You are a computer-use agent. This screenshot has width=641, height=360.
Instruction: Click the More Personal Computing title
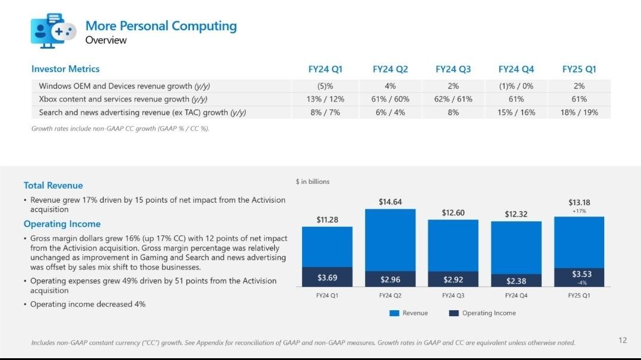pos(161,26)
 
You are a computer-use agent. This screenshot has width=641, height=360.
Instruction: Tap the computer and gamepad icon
pos(53,30)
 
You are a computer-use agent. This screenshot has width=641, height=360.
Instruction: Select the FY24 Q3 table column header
pos(453,69)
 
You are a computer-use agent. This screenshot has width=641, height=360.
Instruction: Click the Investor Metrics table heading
pos(65,69)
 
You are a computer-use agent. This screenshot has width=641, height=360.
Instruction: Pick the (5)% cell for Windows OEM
pos(325,86)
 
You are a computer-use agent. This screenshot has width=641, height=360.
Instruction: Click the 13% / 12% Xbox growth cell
pos(325,99)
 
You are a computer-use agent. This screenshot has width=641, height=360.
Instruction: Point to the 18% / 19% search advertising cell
pos(579,112)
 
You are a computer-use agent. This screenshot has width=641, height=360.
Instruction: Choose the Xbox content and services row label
pos(123,99)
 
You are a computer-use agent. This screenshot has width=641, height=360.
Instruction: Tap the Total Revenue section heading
pos(53,186)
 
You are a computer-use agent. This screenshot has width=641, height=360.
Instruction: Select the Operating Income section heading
pos(62,224)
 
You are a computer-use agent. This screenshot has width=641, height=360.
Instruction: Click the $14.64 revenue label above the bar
pos(390,202)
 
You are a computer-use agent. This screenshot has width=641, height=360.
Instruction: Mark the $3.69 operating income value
pos(328,278)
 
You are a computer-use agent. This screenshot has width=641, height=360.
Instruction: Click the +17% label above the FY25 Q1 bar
pos(579,211)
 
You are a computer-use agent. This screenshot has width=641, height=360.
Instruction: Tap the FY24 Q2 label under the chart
pos(390,295)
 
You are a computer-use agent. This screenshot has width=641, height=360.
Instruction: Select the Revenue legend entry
pos(408,313)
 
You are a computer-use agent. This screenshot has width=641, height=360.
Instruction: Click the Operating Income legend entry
pos(483,313)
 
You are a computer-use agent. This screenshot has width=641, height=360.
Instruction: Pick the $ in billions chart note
pos(313,181)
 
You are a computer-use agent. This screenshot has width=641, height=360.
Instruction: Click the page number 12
pos(623,340)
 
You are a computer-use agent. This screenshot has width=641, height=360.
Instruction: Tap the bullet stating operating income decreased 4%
pos(88,304)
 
